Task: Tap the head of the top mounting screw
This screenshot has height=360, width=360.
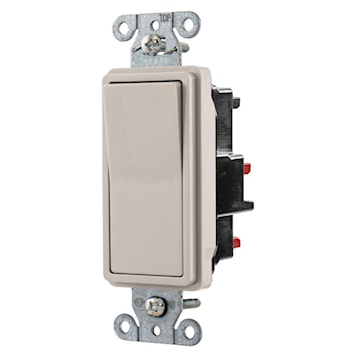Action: (x=152, y=44)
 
